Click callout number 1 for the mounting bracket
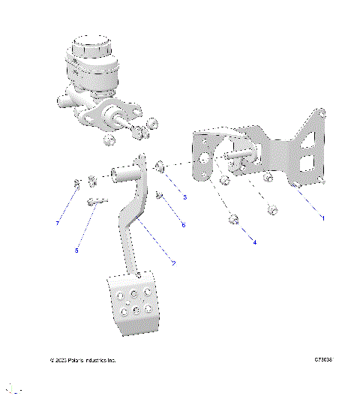322,217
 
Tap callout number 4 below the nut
254,242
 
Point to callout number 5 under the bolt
76,251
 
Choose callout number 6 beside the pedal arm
183,224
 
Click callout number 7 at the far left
57,223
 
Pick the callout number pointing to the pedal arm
173,263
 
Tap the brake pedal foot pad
135,304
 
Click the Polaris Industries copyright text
82,360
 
